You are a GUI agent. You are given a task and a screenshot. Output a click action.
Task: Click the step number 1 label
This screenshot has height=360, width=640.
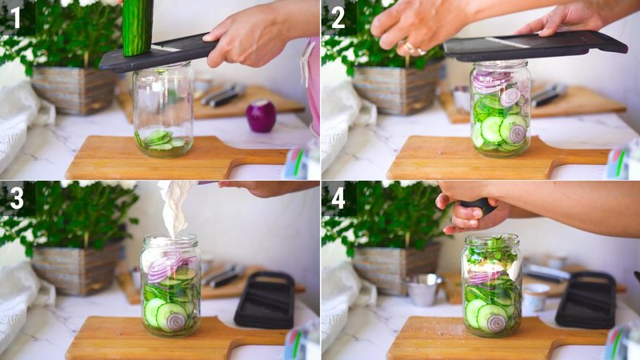[x=16, y=17]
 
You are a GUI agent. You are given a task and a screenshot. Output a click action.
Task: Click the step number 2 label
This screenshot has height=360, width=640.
[x=338, y=17]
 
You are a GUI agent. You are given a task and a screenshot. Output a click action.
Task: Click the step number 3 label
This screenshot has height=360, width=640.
[x=16, y=197]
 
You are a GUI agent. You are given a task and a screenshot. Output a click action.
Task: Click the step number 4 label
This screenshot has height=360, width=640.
[x=338, y=197]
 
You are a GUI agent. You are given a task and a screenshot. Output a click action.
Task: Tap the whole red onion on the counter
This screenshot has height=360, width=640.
[x=261, y=116]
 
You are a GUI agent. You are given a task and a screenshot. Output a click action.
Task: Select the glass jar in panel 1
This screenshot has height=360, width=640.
[x=163, y=108]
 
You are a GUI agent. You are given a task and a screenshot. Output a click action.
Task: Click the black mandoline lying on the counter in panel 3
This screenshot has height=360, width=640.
[x=265, y=299]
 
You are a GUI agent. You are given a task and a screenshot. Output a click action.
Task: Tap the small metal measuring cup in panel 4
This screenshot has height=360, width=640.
[x=424, y=289]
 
